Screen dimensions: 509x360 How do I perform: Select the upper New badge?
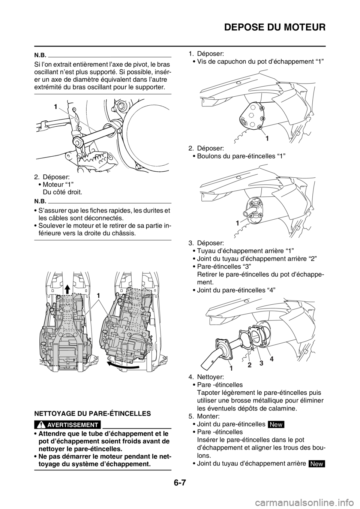277,424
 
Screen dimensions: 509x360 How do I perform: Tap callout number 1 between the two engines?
99,296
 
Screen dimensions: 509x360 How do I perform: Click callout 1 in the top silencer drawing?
267,138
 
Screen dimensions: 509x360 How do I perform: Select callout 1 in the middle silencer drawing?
237,223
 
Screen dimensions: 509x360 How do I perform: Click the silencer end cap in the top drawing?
250,120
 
